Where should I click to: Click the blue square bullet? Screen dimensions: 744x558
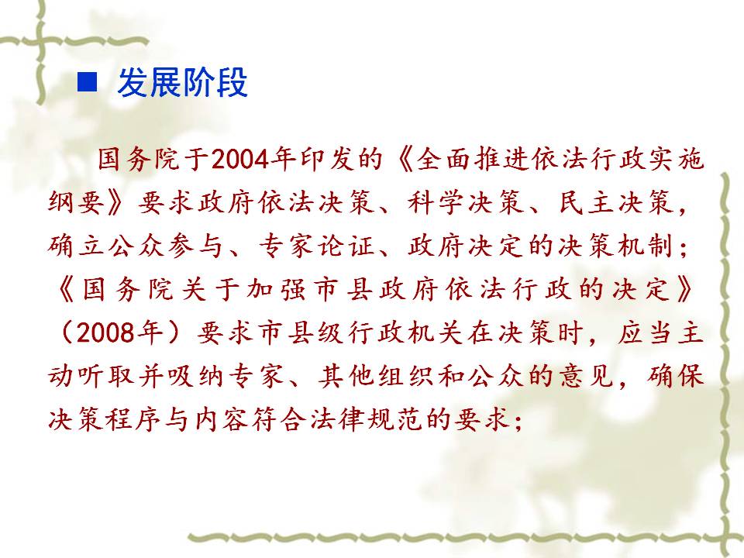click(87, 82)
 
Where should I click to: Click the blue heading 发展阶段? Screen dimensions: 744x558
click(182, 83)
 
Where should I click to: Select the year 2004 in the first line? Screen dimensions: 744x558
click(240, 159)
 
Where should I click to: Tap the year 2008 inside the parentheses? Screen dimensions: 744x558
click(105, 332)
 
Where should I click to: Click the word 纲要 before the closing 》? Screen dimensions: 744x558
click(76, 202)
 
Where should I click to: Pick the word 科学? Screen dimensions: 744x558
click(435, 202)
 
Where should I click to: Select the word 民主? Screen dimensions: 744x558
click(586, 202)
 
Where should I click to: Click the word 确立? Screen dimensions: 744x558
click(76, 246)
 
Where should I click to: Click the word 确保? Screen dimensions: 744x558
click(674, 376)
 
